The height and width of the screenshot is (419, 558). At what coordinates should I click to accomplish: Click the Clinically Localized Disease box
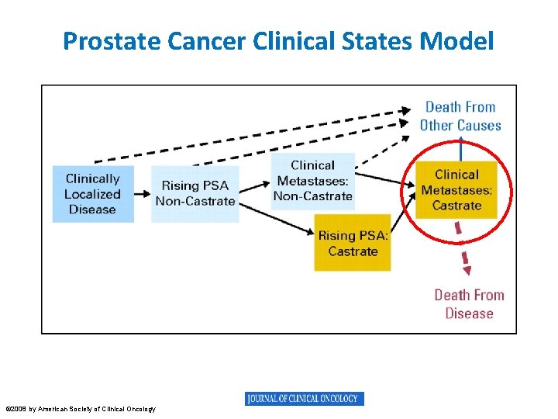click(92, 194)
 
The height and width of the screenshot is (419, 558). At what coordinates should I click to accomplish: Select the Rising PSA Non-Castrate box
click(195, 193)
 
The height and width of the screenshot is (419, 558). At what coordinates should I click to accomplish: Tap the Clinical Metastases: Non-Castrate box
click(312, 181)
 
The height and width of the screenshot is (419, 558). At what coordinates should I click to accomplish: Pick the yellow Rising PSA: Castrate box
click(353, 243)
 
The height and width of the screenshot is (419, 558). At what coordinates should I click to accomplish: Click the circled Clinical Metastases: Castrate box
click(456, 190)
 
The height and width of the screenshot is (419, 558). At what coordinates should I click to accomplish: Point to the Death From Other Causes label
click(460, 116)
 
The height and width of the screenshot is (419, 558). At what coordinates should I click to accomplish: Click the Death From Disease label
click(469, 304)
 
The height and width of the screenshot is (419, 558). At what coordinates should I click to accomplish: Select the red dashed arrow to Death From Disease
click(462, 248)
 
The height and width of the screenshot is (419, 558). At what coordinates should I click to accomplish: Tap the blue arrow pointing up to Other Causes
click(461, 150)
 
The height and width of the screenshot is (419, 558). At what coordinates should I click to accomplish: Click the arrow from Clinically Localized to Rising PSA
click(142, 193)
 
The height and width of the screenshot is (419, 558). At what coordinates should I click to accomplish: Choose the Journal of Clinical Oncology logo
click(305, 399)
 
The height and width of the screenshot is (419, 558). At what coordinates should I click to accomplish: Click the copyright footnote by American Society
click(81, 409)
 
